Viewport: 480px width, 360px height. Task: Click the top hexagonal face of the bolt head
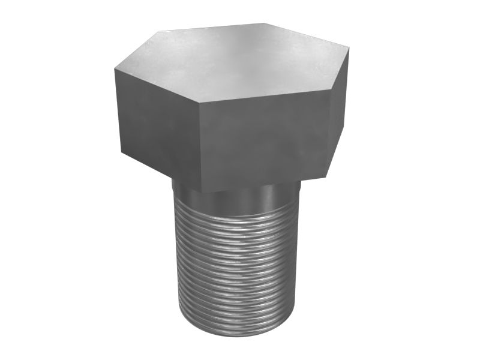click(x=231, y=66)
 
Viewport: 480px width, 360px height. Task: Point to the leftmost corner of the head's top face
click(x=113, y=68)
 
